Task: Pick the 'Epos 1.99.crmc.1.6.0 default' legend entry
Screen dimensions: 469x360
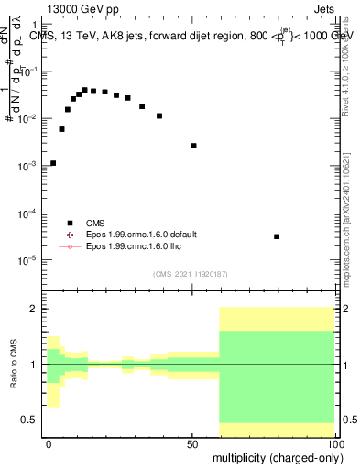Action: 137,234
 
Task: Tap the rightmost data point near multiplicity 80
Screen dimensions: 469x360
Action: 277,236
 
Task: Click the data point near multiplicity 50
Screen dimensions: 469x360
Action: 193,146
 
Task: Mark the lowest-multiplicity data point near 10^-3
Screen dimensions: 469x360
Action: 53,163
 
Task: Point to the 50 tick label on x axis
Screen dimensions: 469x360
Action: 192,442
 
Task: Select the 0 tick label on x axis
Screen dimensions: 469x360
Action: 49,442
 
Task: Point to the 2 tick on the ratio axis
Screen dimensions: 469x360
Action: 35,309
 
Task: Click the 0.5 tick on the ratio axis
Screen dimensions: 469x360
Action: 31,420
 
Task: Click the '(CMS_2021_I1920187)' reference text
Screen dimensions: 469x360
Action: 191,274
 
